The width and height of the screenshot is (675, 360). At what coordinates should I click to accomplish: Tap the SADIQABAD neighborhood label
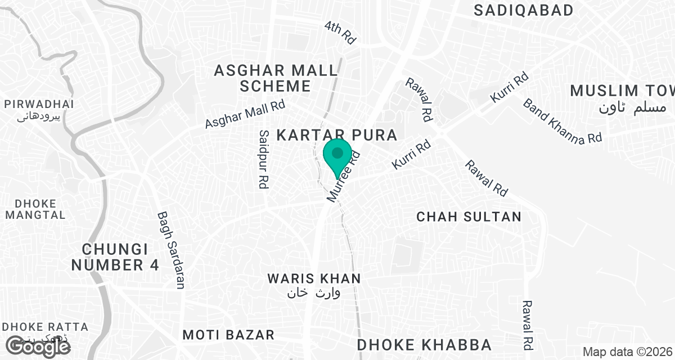click(531, 10)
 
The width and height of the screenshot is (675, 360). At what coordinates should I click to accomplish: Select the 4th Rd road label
click(341, 33)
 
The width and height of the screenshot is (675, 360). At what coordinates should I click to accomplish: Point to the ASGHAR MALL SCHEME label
click(276, 78)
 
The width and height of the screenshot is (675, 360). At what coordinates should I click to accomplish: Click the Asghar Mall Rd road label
click(245, 114)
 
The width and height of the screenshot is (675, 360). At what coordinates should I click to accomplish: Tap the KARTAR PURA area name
click(337, 135)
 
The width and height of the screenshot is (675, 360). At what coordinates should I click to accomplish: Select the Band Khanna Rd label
click(562, 120)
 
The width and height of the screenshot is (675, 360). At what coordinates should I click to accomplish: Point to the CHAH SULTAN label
click(469, 217)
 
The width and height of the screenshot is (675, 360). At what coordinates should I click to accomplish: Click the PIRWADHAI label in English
click(39, 104)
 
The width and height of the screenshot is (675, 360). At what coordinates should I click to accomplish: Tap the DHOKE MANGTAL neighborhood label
click(36, 209)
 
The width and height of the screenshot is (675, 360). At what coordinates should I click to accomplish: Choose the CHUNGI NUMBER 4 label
click(121, 257)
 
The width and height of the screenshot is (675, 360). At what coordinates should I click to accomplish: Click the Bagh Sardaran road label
click(171, 250)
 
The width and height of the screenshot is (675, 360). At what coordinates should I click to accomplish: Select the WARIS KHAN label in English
click(314, 278)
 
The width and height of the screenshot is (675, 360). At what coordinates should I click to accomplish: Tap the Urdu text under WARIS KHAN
click(314, 293)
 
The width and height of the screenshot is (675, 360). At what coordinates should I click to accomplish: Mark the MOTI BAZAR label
click(228, 335)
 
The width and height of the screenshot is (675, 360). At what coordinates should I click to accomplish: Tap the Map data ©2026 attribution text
click(627, 352)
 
